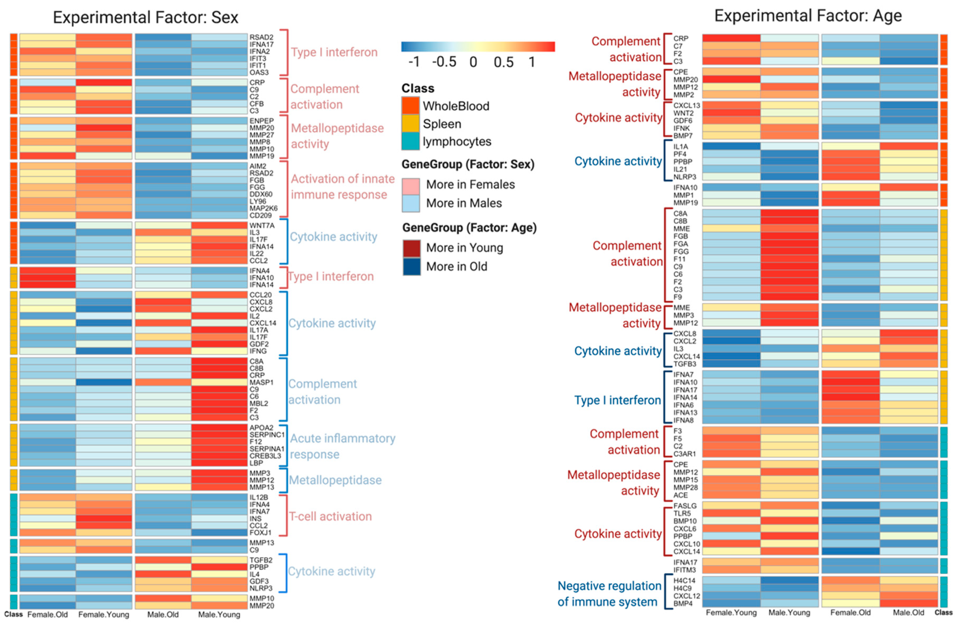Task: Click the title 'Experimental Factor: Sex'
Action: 145,17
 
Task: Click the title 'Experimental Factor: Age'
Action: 808,16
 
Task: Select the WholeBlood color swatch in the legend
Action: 410,106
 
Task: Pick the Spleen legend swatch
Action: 410,124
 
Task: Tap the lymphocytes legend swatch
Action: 410,142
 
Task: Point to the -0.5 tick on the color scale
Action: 444,62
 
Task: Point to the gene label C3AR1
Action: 684,454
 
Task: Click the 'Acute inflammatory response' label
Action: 342,446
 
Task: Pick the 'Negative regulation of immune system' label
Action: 609,594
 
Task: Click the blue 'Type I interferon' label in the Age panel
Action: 617,400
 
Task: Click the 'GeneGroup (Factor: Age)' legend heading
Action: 469,228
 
